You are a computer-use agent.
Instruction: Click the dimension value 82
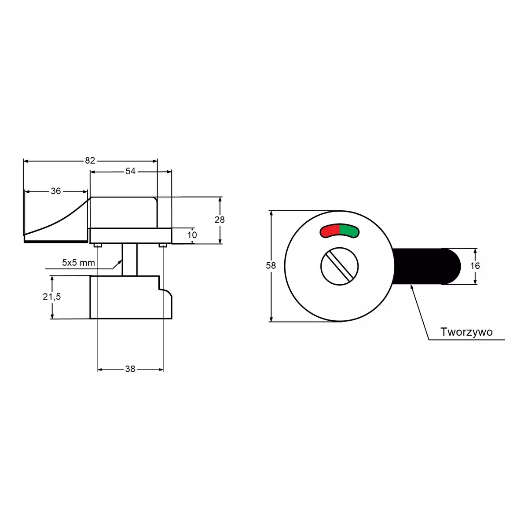pyautogui.click(x=90, y=161)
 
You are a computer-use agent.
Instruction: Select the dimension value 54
pyautogui.click(x=130, y=171)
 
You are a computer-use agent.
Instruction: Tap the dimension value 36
pyautogui.click(x=55, y=191)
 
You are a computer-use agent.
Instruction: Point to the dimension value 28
pyautogui.click(x=220, y=220)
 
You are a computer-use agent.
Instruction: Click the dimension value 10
pyautogui.click(x=192, y=235)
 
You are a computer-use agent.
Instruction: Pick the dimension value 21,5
pyautogui.click(x=52, y=297)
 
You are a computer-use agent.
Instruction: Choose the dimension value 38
pyautogui.click(x=130, y=369)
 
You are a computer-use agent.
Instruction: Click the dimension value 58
pyautogui.click(x=271, y=265)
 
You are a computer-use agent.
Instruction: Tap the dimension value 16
pyautogui.click(x=475, y=265)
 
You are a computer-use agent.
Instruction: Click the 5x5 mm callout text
pyautogui.click(x=78, y=263)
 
